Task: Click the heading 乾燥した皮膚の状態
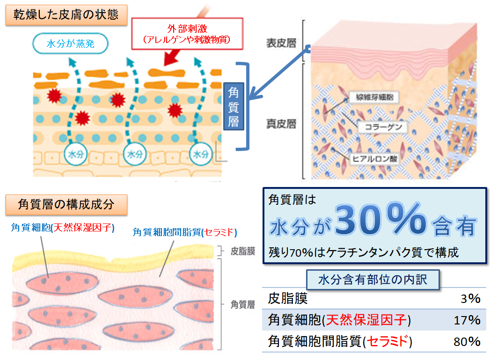(x=66, y=14)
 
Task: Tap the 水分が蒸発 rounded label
(x=70, y=43)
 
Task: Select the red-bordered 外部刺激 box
(x=187, y=34)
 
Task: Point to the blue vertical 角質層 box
(x=234, y=107)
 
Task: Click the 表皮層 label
(x=281, y=43)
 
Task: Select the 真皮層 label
(x=281, y=124)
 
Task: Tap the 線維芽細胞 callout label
(x=374, y=97)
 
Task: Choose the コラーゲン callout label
(x=383, y=127)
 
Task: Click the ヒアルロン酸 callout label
(x=375, y=159)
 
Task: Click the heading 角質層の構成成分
(x=66, y=204)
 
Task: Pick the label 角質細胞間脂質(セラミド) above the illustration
(x=185, y=232)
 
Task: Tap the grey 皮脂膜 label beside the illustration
(x=242, y=251)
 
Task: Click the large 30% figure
(x=381, y=218)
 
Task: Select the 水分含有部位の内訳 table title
(x=373, y=280)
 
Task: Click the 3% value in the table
(x=470, y=299)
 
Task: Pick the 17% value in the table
(x=467, y=320)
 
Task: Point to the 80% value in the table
(x=467, y=342)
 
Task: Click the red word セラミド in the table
(x=388, y=342)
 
